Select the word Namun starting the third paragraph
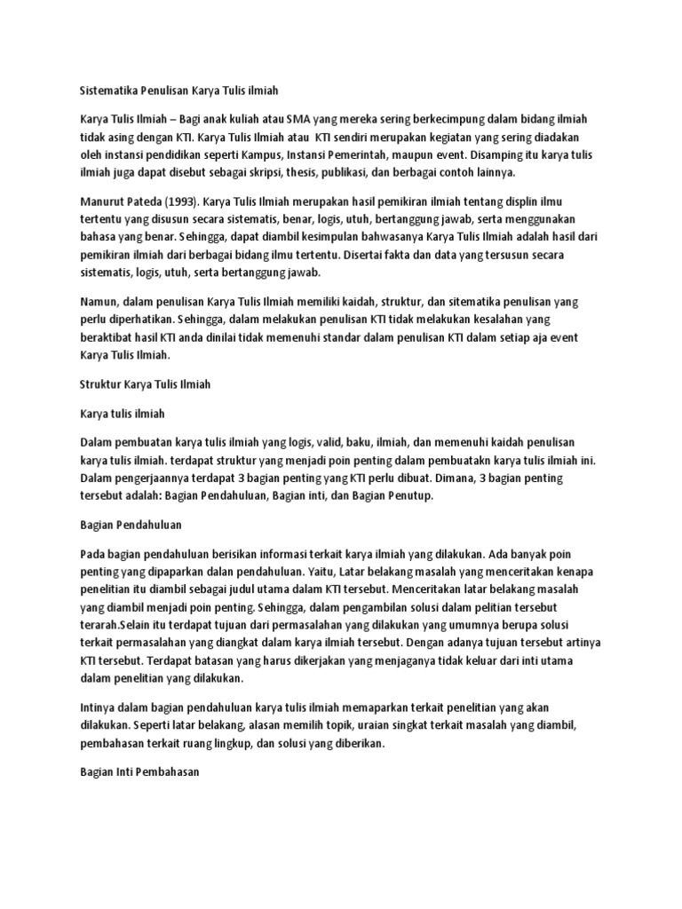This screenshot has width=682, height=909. click(x=98, y=302)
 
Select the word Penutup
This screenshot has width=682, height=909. click(x=408, y=495)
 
